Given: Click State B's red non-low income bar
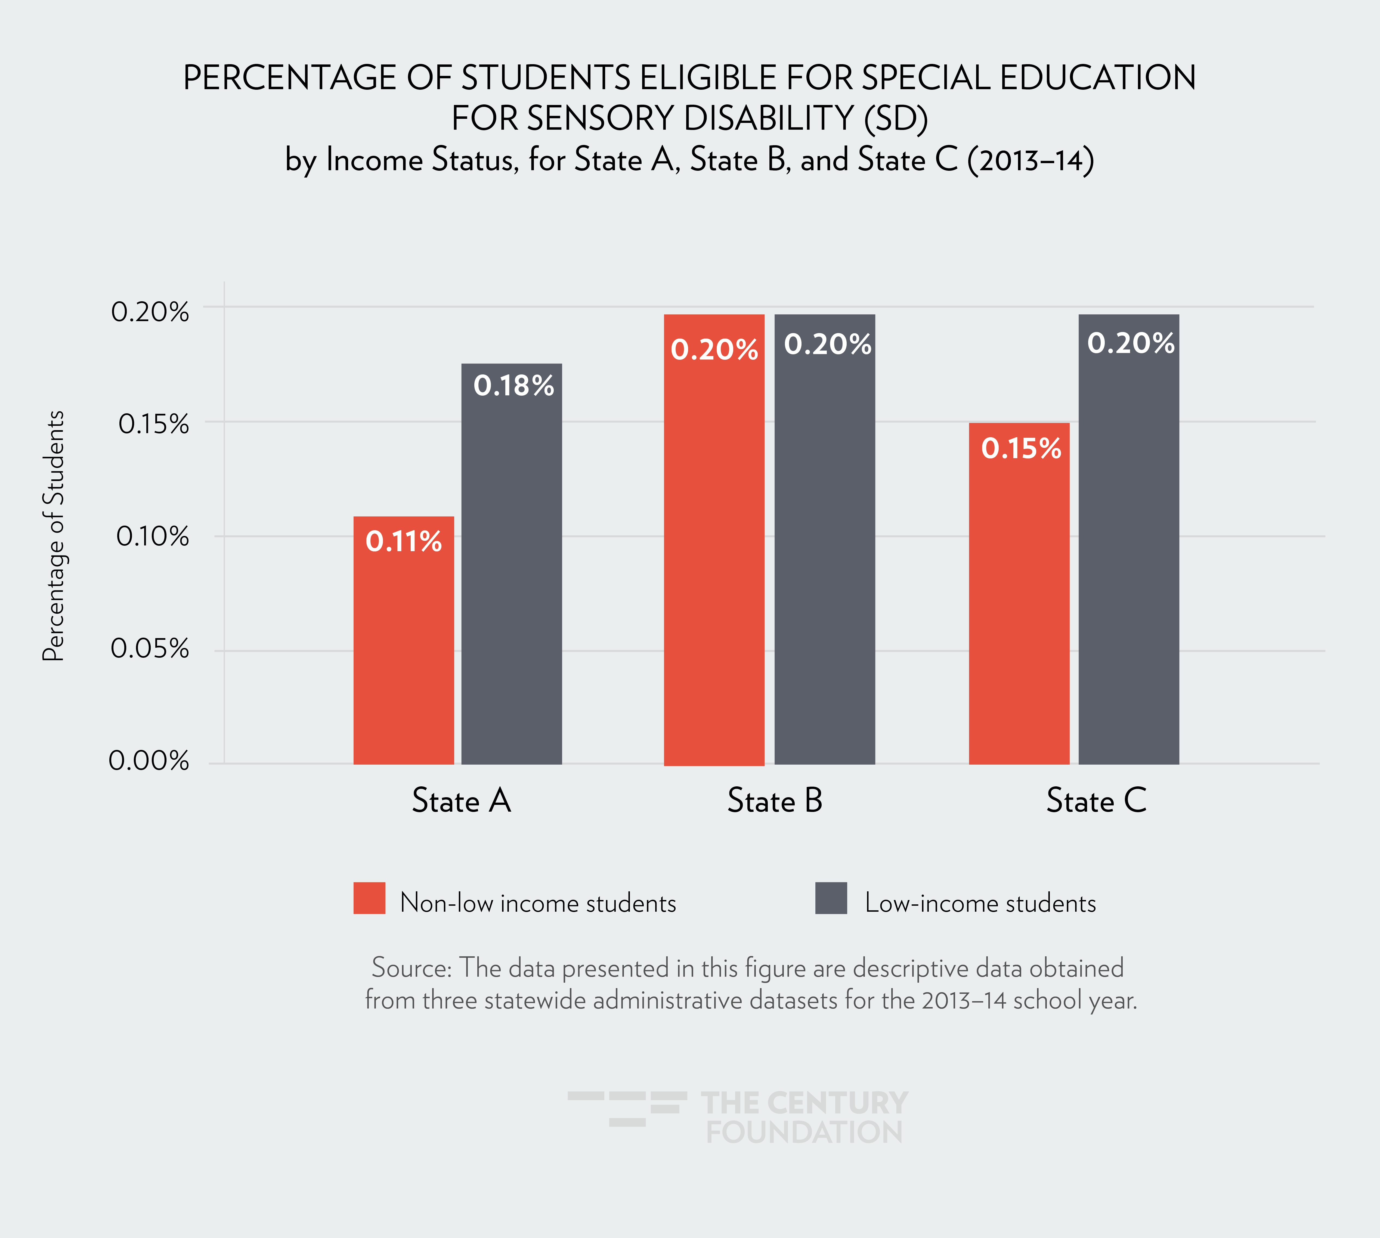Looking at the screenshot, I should (x=714, y=558).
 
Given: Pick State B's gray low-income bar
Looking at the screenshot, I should (x=824, y=558).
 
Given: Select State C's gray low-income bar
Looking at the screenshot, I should (x=1128, y=558).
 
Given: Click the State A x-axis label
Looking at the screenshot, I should (x=461, y=800).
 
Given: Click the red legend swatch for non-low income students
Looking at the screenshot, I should (x=369, y=898).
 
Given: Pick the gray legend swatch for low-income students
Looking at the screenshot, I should (x=831, y=898).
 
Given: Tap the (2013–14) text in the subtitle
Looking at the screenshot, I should (x=1030, y=160).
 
